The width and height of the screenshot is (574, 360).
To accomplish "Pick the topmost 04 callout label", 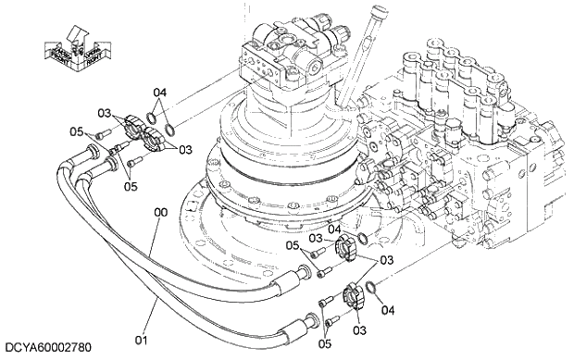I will pyautogui.click(x=160, y=93).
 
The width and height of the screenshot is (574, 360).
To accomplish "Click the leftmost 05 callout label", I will pyautogui.click(x=78, y=132).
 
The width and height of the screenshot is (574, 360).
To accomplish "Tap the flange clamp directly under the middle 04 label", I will pyautogui.click(x=346, y=247).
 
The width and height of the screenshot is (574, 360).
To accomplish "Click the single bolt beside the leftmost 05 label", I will pyautogui.click(x=94, y=138).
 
